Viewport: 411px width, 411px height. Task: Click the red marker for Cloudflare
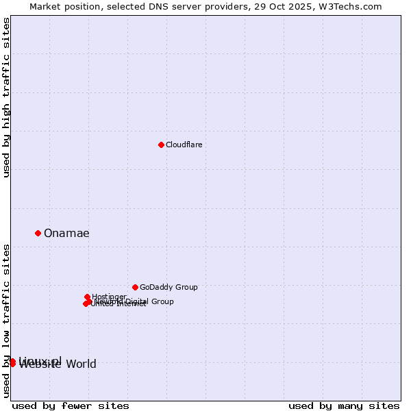pyautogui.click(x=161, y=145)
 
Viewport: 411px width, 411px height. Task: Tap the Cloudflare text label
pyautogui.click(x=184, y=145)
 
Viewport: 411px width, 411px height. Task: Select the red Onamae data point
pyautogui.click(x=38, y=233)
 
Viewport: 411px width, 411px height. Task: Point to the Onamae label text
pyautogui.click(x=66, y=233)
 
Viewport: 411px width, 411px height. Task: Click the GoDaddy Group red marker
pyautogui.click(x=135, y=287)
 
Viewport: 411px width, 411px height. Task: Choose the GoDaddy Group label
pyautogui.click(x=169, y=287)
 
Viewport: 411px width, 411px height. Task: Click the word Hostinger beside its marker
pyautogui.click(x=110, y=297)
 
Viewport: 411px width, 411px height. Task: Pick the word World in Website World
pyautogui.click(x=80, y=364)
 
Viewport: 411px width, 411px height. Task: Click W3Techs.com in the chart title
pyautogui.click(x=353, y=6)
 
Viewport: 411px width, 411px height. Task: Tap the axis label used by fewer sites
pyautogui.click(x=71, y=406)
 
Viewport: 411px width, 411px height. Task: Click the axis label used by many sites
pyautogui.click(x=344, y=406)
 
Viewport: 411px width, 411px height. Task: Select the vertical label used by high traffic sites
pyautogui.click(x=6, y=97)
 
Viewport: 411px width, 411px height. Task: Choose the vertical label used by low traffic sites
pyautogui.click(x=6, y=321)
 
